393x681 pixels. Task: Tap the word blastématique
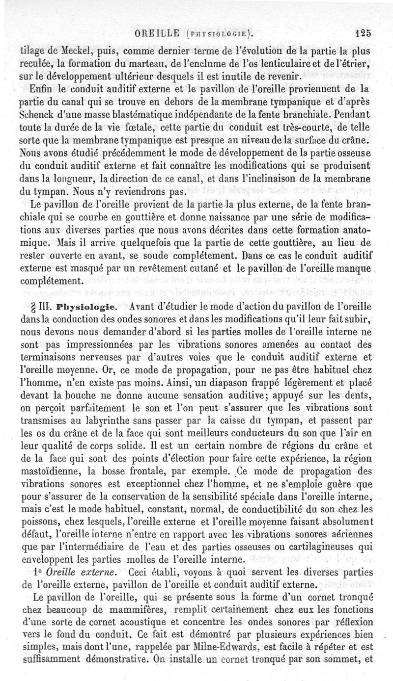point(122,116)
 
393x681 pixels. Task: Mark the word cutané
point(206,269)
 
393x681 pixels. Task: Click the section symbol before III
point(34,308)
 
